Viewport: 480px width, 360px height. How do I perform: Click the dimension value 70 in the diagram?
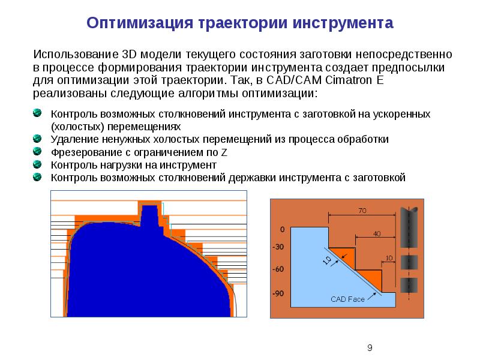click(362, 211)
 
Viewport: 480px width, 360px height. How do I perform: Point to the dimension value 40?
click(376, 233)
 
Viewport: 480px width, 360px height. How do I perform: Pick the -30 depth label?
click(278, 247)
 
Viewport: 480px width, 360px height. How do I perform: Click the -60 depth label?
click(278, 270)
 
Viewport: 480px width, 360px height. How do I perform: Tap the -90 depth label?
click(278, 293)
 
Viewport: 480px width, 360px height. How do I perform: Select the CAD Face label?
click(347, 299)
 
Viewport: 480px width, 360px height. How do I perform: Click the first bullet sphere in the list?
click(37, 113)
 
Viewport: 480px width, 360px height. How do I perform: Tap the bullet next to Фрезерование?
click(37, 152)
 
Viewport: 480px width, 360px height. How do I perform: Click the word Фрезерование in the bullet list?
click(83, 152)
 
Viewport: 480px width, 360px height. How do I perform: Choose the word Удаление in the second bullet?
click(71, 139)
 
